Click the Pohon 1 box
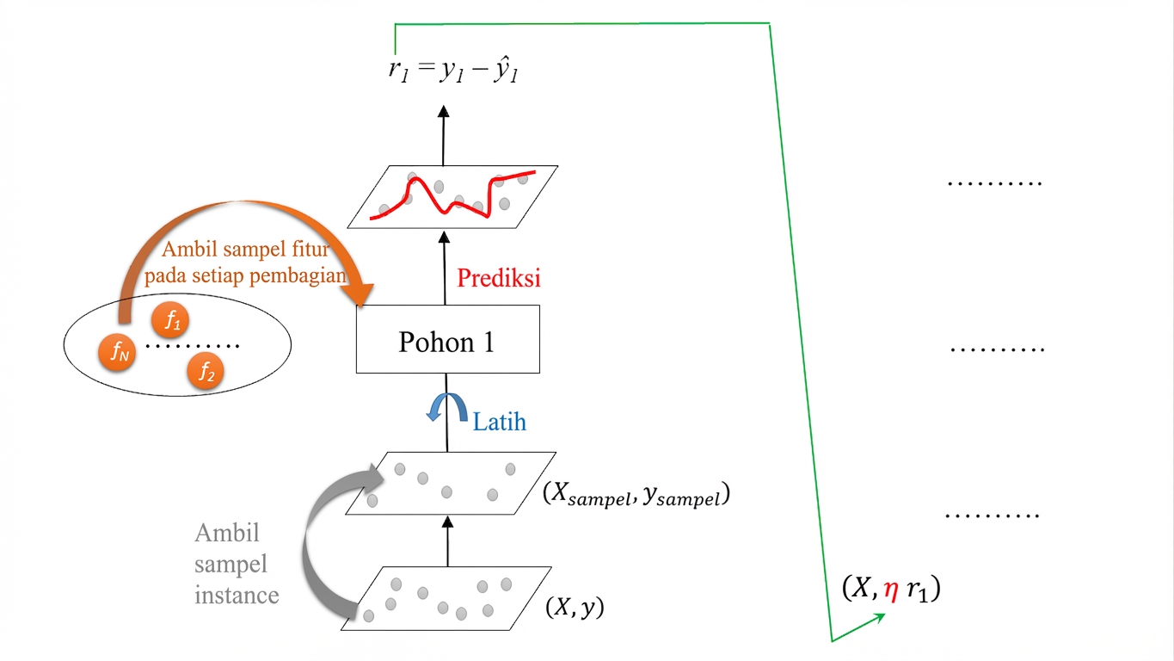coord(447,339)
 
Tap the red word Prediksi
coord(499,278)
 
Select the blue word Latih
coord(500,422)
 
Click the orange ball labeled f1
coord(170,320)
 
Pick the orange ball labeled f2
coord(206,372)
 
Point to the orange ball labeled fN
coord(117,352)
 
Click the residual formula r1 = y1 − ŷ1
coord(453,70)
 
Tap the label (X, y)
coord(575,607)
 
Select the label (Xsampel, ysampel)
coord(636,494)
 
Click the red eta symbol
coord(891,590)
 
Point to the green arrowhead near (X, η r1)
coord(879,618)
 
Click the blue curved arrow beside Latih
coord(446,405)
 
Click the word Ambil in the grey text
coord(227,533)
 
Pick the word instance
coord(237,596)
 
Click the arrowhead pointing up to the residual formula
coord(444,112)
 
